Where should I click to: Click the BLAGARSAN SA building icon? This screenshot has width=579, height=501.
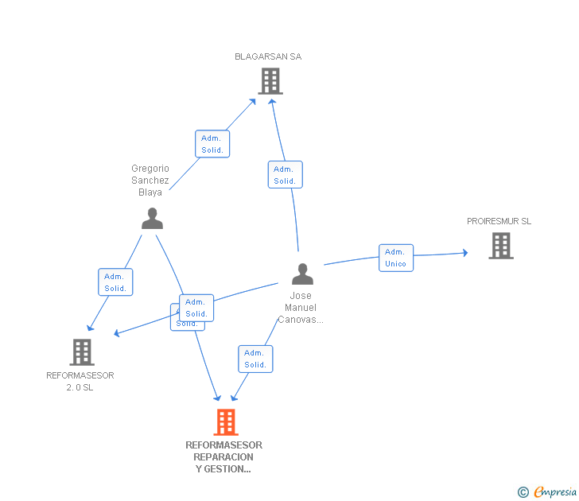(270, 80)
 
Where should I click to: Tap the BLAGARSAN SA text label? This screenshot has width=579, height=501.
(268, 56)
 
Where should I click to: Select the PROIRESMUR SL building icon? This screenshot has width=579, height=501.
(501, 246)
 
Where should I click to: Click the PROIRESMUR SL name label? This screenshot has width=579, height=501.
(499, 221)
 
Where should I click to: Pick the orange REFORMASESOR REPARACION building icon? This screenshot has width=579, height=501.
(226, 422)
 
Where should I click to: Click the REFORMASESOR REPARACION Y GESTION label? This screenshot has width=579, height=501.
(223, 457)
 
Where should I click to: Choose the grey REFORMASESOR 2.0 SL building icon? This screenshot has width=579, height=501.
(82, 351)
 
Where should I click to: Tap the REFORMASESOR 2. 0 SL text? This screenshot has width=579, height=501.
(80, 381)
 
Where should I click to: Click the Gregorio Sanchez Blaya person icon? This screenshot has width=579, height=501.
(152, 218)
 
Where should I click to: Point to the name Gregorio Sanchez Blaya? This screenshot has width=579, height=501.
(150, 181)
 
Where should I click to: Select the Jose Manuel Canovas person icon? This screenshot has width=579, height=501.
(302, 274)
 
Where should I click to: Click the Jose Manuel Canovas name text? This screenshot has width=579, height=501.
(301, 308)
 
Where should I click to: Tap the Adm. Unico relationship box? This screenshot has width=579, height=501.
(395, 258)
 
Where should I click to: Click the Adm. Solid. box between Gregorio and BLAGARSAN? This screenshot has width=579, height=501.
(212, 144)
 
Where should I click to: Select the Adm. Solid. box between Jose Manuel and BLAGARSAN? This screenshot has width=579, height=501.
(285, 175)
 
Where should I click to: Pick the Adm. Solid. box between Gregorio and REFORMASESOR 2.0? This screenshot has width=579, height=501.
(115, 282)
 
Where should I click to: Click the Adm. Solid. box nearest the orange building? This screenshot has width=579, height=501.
(255, 359)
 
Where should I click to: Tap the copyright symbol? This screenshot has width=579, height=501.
(523, 492)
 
